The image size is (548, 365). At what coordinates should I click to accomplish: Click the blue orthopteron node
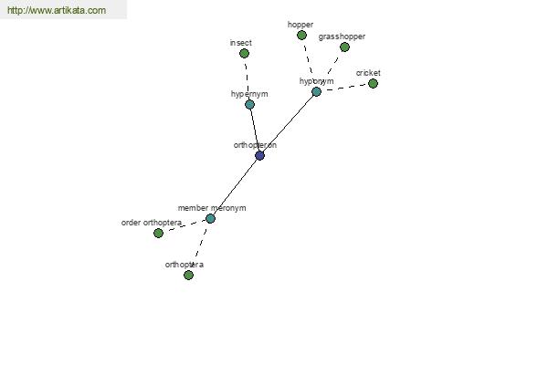(x=259, y=155)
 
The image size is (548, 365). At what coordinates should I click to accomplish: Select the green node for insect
(x=244, y=54)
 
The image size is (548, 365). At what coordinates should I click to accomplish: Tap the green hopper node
(x=301, y=35)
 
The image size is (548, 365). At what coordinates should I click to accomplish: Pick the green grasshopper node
(x=344, y=47)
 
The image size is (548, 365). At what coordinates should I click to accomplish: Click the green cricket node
(x=373, y=83)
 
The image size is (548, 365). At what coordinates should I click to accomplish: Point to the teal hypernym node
(x=249, y=104)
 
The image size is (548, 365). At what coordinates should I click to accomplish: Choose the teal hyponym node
(x=316, y=92)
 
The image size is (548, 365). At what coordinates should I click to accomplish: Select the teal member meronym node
(x=210, y=219)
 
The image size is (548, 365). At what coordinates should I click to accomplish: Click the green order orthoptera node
(x=158, y=233)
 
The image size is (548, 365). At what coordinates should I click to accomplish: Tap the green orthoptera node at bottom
(x=188, y=276)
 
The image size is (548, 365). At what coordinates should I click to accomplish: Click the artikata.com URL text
(x=57, y=10)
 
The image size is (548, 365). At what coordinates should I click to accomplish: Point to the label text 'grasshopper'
(x=342, y=36)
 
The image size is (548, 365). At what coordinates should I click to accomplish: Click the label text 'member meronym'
(x=212, y=208)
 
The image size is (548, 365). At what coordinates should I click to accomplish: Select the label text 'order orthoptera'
(x=152, y=223)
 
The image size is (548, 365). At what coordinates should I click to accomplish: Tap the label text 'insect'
(x=241, y=43)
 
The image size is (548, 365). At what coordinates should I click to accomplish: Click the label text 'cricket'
(x=368, y=73)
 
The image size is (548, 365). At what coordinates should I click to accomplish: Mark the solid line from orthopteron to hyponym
(x=288, y=124)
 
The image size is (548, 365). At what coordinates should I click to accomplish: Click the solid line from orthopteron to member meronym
(x=235, y=187)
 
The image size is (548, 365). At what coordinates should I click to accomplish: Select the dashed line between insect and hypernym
(x=247, y=79)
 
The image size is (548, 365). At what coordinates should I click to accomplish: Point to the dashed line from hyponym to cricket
(x=344, y=88)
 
